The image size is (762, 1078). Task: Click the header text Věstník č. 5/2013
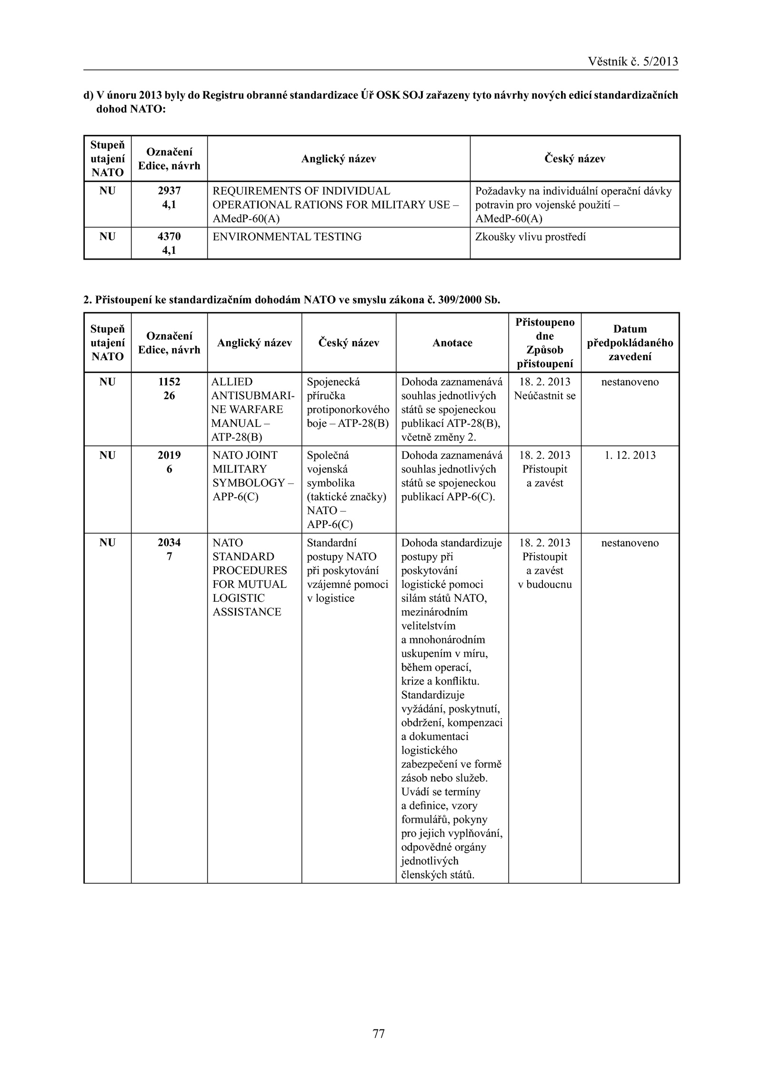(x=632, y=61)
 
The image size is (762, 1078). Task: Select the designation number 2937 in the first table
(x=169, y=191)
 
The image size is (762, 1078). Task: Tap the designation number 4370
(x=169, y=237)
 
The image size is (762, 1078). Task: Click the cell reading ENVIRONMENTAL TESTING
(x=287, y=237)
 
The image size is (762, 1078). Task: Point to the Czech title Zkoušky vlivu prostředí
(x=531, y=237)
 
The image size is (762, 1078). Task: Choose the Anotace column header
(x=452, y=343)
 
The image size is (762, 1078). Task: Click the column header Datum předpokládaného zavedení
(x=630, y=343)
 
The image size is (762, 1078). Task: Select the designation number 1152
(x=169, y=382)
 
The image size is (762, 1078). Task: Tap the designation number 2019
(x=169, y=455)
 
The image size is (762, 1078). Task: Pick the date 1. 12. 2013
(x=630, y=455)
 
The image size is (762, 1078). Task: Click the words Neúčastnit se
(x=545, y=396)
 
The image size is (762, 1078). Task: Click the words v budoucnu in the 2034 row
(x=545, y=584)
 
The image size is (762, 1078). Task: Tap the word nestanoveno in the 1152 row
(x=630, y=382)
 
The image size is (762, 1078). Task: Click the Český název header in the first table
(x=574, y=159)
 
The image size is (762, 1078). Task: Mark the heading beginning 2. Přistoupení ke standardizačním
(x=291, y=300)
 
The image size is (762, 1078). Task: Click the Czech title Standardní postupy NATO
(x=348, y=571)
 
